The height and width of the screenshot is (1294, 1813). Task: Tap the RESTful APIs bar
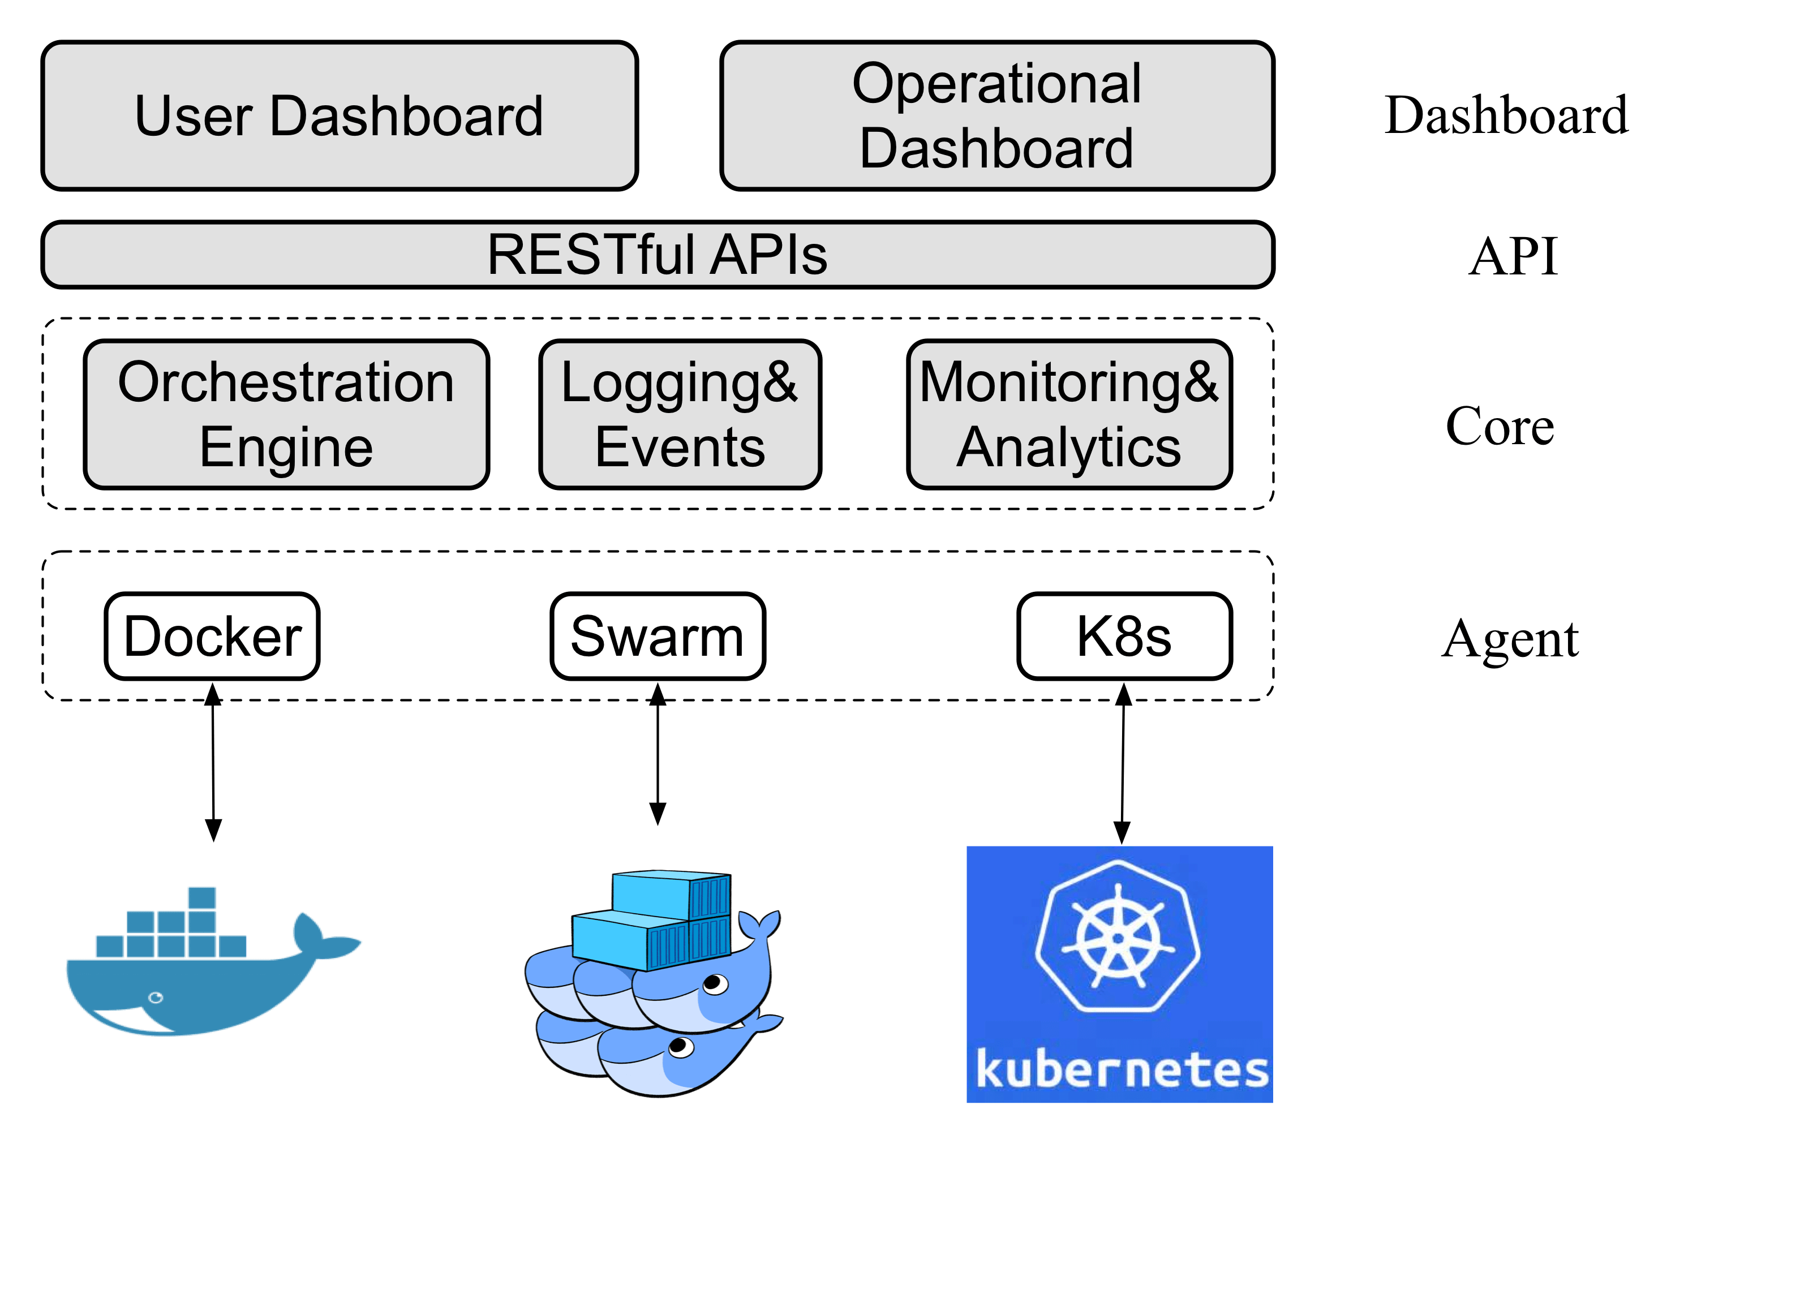click(658, 254)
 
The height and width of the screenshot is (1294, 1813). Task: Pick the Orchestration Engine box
click(286, 414)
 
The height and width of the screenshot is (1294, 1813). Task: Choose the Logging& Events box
click(680, 414)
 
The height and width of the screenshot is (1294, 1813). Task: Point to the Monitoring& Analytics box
click(1069, 414)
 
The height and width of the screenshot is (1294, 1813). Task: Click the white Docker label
click(212, 637)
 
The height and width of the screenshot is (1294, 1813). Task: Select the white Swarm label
click(658, 637)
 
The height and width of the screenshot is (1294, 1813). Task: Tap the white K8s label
click(1124, 637)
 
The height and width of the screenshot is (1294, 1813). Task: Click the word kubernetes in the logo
click(1122, 1069)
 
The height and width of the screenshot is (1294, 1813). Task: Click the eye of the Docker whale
click(156, 998)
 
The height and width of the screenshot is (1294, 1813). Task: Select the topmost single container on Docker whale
click(201, 898)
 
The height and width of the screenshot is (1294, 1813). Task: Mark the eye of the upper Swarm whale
click(715, 985)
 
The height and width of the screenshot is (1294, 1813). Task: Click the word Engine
click(286, 448)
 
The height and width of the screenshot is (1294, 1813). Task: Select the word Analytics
click(1069, 448)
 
